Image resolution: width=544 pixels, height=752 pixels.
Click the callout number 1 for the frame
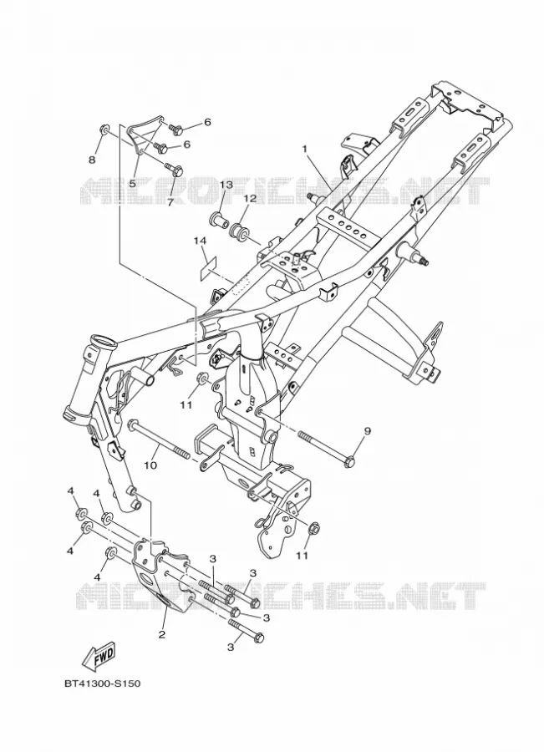303,150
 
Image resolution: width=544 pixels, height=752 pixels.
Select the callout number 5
132,183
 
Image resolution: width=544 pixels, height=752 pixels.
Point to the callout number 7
170,202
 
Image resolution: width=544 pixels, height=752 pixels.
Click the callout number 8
92,160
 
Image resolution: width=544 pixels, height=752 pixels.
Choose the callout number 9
367,431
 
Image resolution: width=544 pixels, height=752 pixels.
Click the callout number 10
150,465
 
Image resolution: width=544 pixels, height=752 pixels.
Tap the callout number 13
226,185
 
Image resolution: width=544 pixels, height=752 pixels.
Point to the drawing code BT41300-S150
102,683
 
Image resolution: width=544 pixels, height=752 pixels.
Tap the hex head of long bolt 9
349,462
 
